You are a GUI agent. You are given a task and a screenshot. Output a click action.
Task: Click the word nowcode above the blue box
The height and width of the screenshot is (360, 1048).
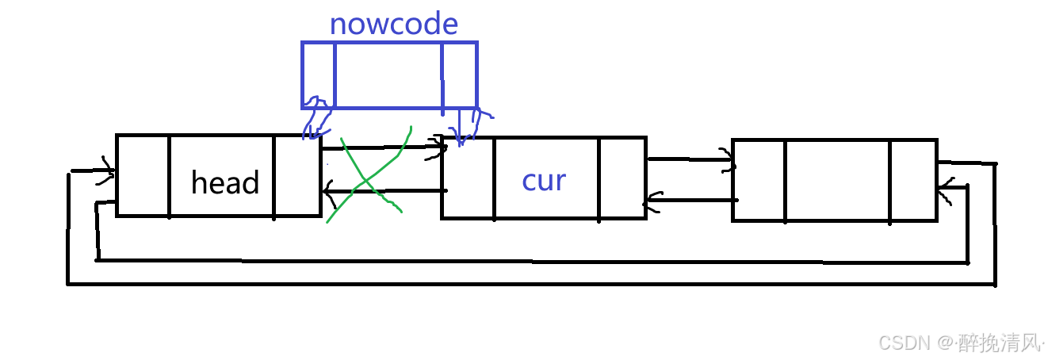[393, 24]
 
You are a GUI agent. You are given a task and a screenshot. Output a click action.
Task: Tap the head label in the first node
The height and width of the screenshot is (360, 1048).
[225, 183]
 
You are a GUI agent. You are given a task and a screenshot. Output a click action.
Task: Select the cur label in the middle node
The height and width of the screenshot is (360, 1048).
[544, 181]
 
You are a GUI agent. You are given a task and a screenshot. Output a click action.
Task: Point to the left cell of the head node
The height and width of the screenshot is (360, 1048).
[143, 175]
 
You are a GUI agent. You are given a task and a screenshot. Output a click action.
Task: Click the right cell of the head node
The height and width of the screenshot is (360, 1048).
[297, 175]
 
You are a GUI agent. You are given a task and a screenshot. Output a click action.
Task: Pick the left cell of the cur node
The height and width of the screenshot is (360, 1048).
[468, 178]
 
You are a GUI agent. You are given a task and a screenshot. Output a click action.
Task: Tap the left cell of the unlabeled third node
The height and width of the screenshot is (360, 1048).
[759, 181]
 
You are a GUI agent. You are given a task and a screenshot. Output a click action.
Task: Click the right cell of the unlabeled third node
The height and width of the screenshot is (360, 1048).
[913, 181]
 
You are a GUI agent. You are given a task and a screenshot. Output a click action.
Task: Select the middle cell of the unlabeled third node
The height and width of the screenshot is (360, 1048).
[837, 181]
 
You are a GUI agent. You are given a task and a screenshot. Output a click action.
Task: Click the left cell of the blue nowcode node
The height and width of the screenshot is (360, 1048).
[318, 75]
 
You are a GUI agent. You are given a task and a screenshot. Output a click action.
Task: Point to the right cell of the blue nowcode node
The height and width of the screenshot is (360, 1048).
[460, 75]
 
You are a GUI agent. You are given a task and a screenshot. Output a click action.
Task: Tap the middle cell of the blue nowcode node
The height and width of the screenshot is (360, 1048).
[388, 75]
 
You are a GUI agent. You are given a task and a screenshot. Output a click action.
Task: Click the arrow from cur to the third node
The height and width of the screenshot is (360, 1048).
[690, 161]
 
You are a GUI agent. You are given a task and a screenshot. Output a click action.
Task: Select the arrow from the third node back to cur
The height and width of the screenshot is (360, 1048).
[690, 200]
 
